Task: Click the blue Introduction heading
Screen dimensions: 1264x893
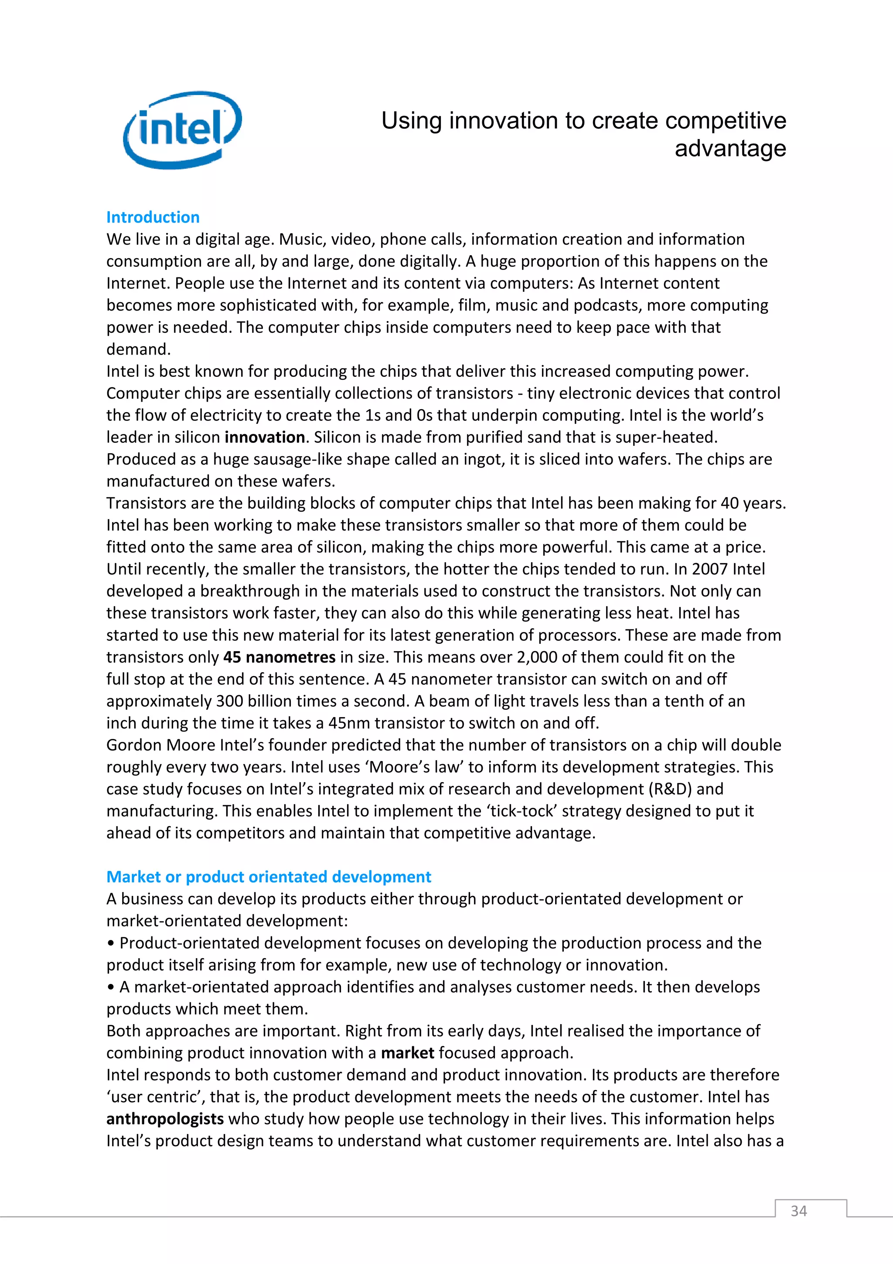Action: pos(153,218)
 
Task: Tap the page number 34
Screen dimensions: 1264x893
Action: pos(798,1211)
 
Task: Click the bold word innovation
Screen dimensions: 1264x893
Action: pos(265,437)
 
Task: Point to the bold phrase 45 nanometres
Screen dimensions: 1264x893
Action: pos(279,657)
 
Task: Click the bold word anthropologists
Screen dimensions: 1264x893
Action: pos(165,1119)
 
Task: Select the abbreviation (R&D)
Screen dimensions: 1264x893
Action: pos(670,789)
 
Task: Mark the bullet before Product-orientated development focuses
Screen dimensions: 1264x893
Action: pos(111,943)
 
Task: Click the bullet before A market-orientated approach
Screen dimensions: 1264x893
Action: pos(111,987)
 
